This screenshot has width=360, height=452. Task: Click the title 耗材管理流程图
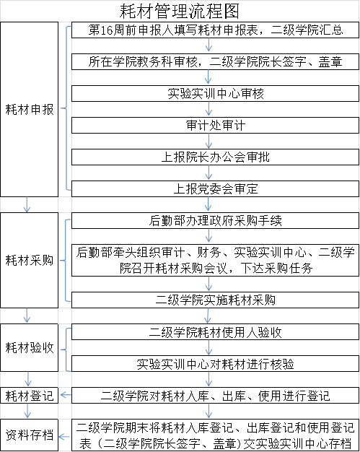(180, 11)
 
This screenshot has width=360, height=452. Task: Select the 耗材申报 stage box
(29, 109)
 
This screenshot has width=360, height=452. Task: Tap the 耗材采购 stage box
(29, 260)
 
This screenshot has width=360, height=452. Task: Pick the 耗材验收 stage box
(29, 347)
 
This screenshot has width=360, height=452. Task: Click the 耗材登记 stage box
(29, 396)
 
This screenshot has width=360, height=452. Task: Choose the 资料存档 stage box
(29, 435)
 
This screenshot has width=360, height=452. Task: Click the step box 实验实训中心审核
(215, 93)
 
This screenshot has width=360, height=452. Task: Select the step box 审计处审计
(215, 125)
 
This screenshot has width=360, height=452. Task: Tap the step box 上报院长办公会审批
(215, 157)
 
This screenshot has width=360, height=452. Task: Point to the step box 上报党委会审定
(215, 188)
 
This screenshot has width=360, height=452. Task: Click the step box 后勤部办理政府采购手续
(215, 220)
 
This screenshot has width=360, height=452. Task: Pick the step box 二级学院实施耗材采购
(215, 300)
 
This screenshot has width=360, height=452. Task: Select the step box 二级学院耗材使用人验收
(215, 332)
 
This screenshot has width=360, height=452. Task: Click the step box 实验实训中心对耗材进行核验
(215, 363)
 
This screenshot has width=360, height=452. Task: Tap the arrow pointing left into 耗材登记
(66, 395)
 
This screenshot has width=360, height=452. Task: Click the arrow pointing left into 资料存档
(64, 437)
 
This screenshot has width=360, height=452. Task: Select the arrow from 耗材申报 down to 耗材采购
(27, 204)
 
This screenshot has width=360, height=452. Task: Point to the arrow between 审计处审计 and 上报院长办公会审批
(208, 141)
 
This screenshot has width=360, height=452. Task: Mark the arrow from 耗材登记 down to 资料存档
(27, 411)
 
